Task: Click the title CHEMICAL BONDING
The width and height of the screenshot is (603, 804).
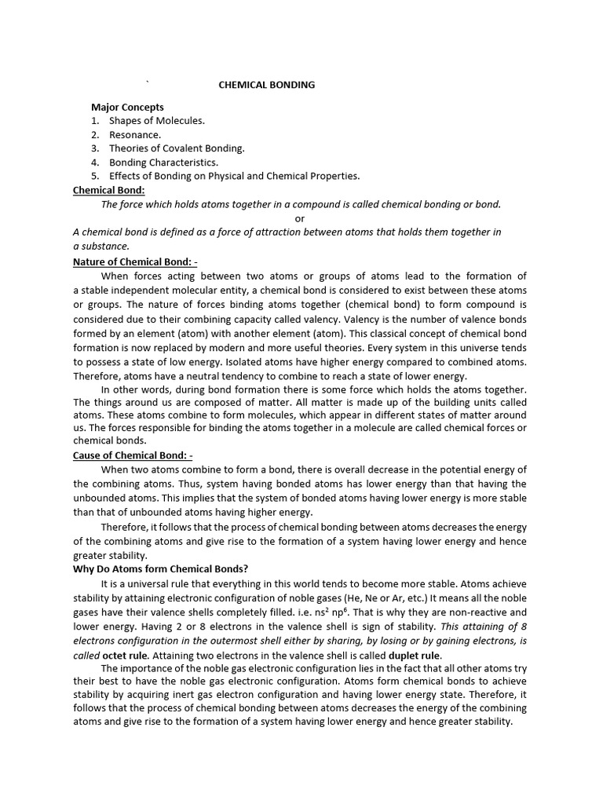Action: pos(266,85)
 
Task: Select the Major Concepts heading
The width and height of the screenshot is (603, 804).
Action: pos(127,107)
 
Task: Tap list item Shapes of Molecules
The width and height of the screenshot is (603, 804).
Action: pos(156,121)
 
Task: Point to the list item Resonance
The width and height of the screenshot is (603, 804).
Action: pos(135,134)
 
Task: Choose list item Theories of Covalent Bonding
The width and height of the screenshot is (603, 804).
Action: pos(177,148)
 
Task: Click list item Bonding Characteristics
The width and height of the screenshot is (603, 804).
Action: pos(163,162)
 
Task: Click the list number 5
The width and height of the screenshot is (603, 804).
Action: pos(94,176)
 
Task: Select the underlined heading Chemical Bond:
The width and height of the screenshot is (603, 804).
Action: pos(109,190)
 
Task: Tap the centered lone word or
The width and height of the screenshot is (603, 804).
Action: pos(300,218)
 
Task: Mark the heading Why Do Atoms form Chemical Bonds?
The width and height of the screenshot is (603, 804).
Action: pos(161,569)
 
